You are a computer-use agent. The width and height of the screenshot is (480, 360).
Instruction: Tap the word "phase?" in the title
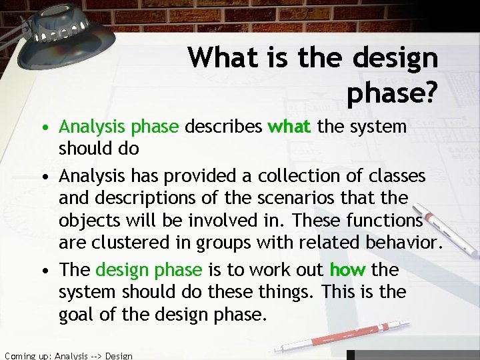(391, 95)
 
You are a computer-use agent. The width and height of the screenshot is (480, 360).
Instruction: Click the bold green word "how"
(347, 269)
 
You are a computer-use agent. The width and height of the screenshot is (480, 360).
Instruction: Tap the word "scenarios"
(307, 198)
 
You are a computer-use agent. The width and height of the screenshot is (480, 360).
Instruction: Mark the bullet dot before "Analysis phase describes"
(43, 127)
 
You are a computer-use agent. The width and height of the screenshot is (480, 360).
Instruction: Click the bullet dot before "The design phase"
(43, 270)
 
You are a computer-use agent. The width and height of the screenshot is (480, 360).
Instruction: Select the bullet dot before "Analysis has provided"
(43, 175)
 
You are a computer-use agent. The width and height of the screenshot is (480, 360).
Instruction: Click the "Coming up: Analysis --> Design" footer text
(67, 355)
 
